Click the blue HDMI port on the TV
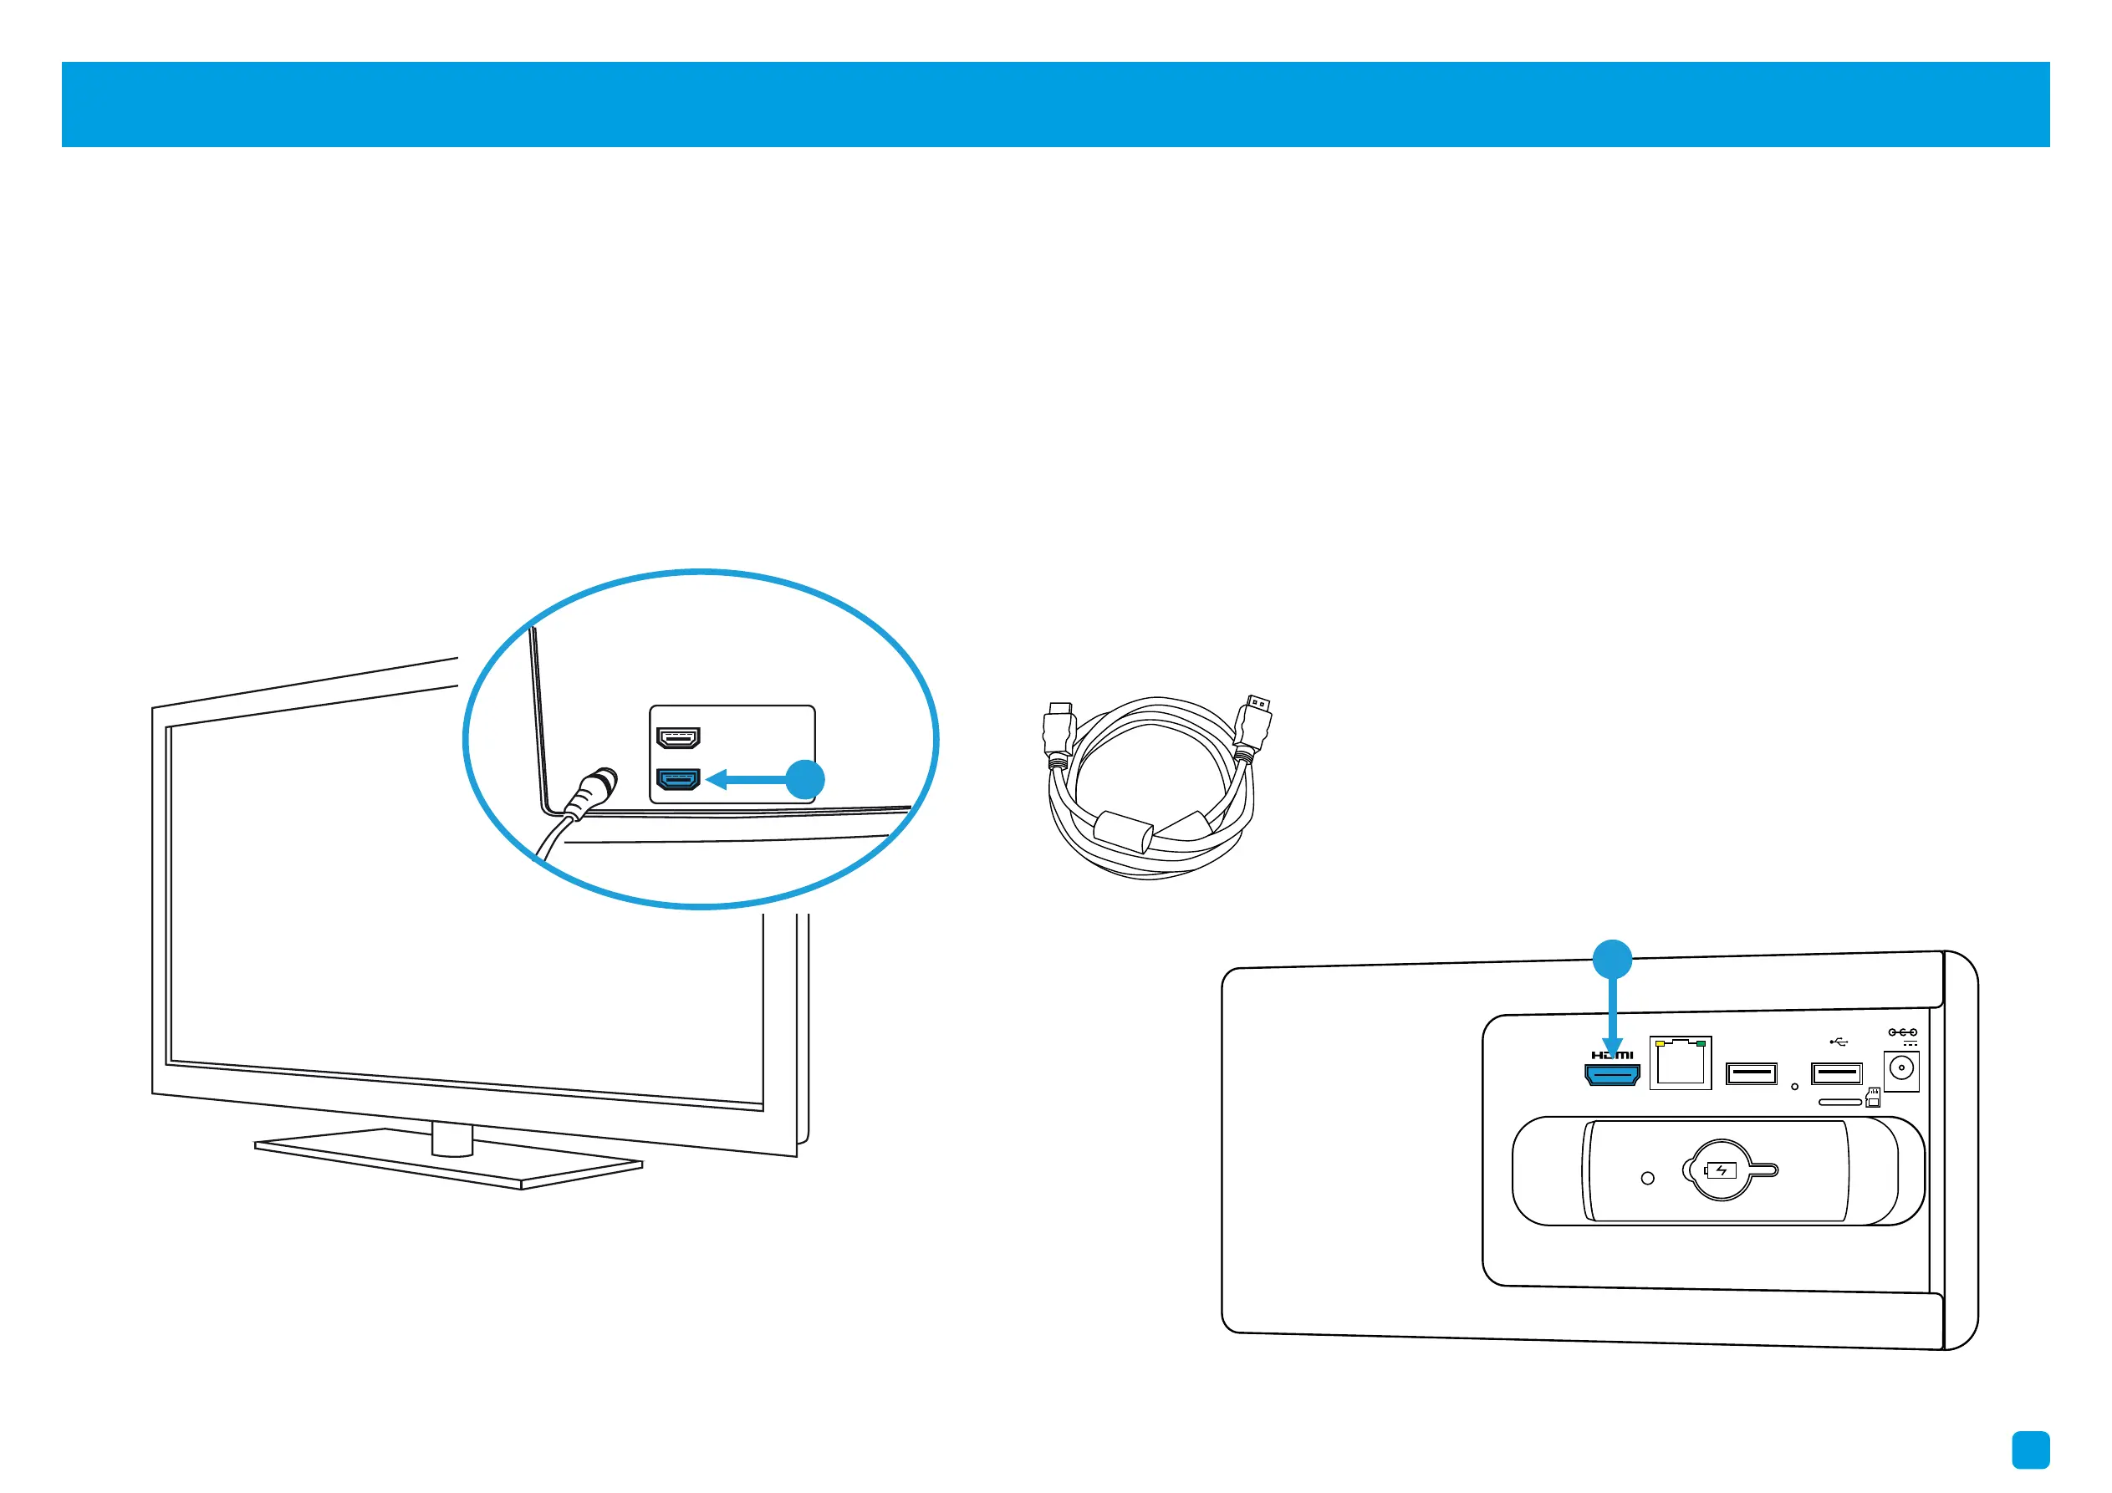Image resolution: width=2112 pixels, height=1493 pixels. pos(678,779)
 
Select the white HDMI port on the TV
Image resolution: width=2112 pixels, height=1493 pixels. pos(678,738)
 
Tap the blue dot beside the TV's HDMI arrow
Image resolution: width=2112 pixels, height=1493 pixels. pos(805,780)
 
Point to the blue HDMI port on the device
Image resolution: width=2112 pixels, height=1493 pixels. pos(1612,1073)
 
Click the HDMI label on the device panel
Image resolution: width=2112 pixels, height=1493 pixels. pos(1613,1054)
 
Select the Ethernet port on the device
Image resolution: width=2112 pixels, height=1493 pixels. pos(1680,1063)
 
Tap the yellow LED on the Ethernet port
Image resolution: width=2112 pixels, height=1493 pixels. pos(1659,1044)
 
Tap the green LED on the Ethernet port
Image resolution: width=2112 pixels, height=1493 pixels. pos(1701,1044)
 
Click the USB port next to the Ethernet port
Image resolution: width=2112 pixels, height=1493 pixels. pos(1752,1073)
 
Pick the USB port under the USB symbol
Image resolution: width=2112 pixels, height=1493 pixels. pos(1836,1073)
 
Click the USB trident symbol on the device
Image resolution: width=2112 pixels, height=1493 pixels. pos(1839,1042)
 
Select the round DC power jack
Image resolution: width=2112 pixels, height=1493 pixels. pos(1900,1069)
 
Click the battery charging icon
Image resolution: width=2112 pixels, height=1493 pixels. pos(1720,1170)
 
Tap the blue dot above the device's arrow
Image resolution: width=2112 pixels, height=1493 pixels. pos(1612,960)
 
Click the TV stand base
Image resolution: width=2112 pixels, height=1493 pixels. pos(449,1159)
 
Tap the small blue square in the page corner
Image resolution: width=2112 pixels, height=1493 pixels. pos(2030,1450)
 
